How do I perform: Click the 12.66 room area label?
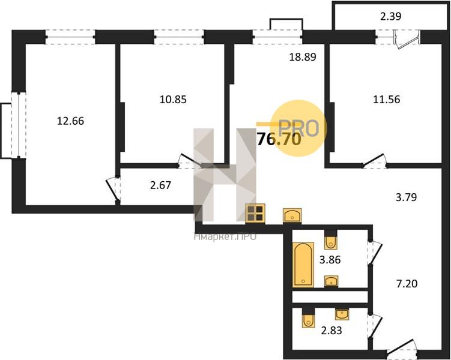(70, 121)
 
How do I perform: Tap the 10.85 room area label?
(173, 100)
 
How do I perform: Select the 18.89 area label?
(302, 57)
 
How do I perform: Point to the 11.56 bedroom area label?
(386, 100)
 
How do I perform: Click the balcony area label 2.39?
(390, 17)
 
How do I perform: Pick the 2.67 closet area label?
(160, 185)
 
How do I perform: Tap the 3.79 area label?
(406, 197)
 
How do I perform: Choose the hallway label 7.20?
(407, 284)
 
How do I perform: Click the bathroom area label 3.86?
(330, 260)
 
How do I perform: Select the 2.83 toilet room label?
(331, 331)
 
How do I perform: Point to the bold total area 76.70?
(279, 140)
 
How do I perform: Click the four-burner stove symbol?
(255, 214)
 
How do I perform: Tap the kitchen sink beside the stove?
(292, 215)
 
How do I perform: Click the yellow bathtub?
(303, 265)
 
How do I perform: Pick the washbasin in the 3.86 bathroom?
(331, 281)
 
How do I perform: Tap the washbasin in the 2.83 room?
(342, 314)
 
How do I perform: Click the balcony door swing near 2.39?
(407, 40)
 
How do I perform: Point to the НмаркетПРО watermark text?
(225, 236)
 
